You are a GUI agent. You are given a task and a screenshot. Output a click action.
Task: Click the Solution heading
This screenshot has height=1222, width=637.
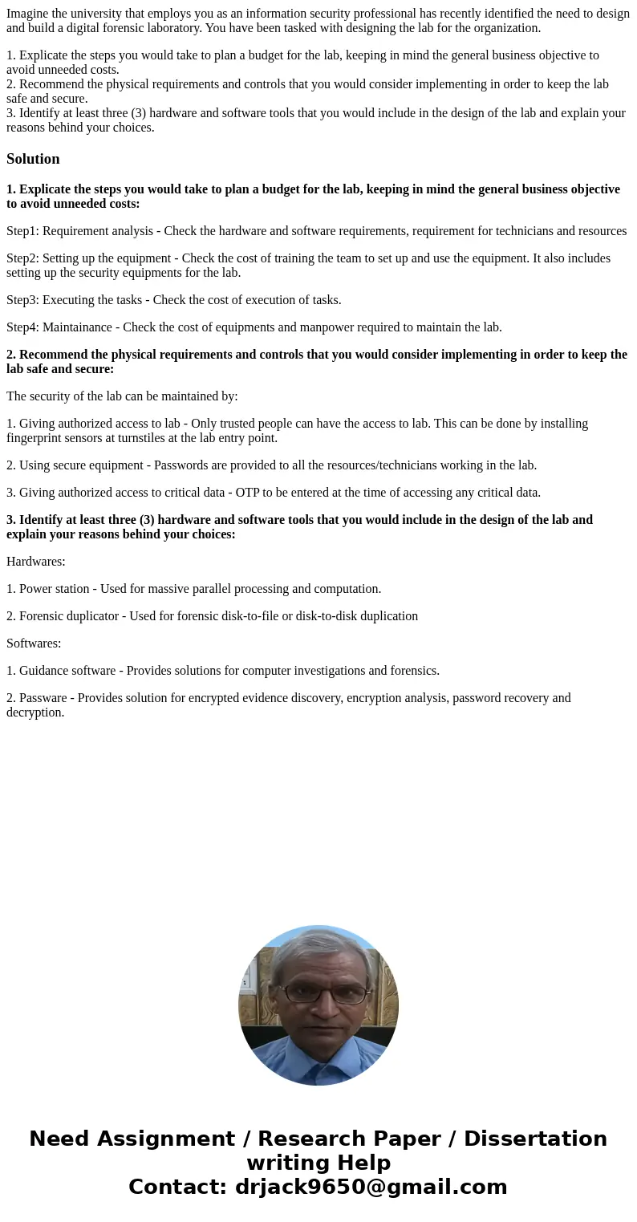[33, 159]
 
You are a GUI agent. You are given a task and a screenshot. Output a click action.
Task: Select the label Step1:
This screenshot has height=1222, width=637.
[22, 231]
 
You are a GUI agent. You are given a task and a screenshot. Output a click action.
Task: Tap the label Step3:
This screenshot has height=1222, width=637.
[22, 300]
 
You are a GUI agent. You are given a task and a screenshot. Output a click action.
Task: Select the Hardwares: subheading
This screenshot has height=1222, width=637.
[36, 562]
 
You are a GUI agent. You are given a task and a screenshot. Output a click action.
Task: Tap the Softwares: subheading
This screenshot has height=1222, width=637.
[34, 643]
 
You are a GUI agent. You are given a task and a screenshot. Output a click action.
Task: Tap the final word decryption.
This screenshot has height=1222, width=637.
[34, 712]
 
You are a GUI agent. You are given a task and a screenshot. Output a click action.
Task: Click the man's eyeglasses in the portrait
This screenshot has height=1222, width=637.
[318, 993]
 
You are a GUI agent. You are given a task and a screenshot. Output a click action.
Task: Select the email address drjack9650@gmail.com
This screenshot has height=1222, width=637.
[371, 1187]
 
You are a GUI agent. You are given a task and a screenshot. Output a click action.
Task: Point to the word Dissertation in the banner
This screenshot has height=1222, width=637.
[535, 1139]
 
